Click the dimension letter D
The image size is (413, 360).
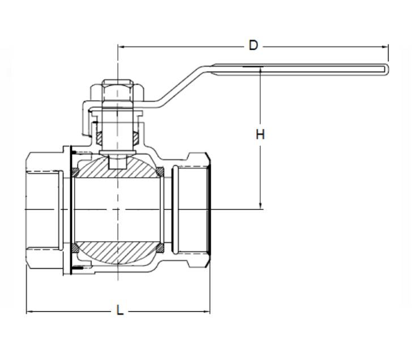(253, 45)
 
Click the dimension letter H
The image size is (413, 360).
(260, 135)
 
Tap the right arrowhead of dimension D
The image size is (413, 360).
(385, 47)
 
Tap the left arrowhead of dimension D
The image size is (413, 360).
(121, 47)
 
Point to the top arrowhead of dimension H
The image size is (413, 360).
(260, 70)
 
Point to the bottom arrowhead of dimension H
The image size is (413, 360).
(260, 206)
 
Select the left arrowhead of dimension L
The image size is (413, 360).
(30, 312)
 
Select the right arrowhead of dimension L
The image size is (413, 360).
(207, 312)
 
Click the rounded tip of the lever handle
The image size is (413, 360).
(388, 70)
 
